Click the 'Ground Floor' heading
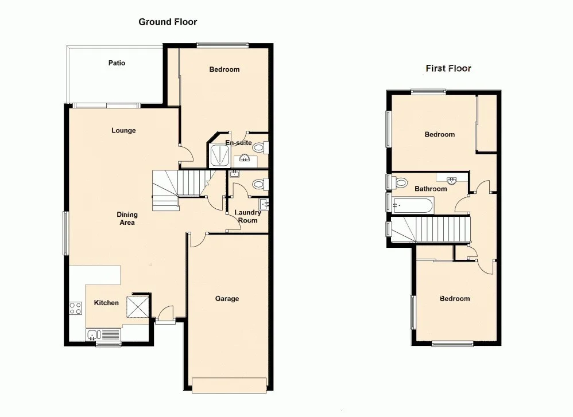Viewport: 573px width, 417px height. pos(168,22)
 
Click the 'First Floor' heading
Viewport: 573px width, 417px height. pos(448,68)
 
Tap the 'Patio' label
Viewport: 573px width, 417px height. pos(117,63)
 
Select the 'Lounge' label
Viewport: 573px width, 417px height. pos(123,131)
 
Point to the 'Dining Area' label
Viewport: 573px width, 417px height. pos(127,219)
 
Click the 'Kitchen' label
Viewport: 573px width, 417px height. pos(106,303)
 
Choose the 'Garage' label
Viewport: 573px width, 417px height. pos(227,299)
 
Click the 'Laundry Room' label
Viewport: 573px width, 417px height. pos(248,216)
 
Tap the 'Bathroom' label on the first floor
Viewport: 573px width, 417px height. pos(430,189)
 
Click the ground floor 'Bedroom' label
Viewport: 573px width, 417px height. pos(224,69)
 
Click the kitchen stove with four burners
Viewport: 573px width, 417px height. pos(75,309)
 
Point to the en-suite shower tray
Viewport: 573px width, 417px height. pos(219,155)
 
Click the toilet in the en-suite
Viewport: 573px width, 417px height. pos(260,148)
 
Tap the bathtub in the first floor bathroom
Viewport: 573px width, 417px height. pos(413,205)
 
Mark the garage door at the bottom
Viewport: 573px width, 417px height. pos(230,385)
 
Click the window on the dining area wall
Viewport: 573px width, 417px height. pos(65,233)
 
